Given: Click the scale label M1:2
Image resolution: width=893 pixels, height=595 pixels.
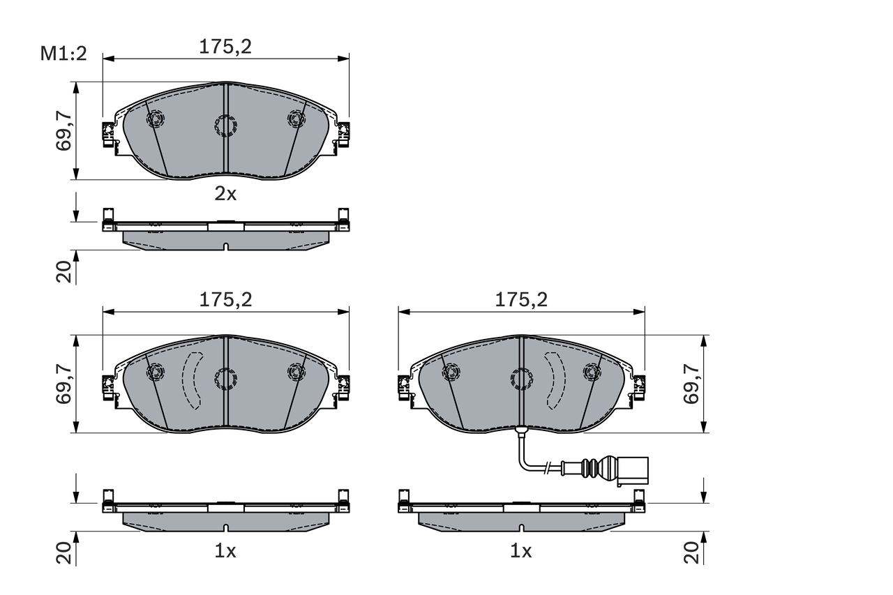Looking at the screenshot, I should point(63,53).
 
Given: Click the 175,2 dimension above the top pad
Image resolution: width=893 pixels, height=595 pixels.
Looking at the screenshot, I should point(225,47).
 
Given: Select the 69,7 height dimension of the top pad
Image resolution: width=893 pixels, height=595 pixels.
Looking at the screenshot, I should point(64,130).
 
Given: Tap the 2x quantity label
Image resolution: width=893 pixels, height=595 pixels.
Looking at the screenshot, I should point(225,194).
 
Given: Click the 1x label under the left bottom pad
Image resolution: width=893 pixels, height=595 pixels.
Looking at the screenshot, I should point(225,551).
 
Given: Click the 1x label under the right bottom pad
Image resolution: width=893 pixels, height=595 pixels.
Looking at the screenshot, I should point(520,551).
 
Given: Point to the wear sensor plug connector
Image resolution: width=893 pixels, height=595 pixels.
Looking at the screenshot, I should point(633,469).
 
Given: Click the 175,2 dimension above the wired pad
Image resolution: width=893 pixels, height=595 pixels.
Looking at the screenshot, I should point(521,300).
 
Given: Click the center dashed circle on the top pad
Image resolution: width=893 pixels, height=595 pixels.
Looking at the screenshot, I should point(225,126).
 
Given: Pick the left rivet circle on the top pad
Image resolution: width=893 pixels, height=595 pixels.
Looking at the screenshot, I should point(154,119).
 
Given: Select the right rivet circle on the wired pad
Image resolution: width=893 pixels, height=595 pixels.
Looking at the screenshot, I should point(592,372).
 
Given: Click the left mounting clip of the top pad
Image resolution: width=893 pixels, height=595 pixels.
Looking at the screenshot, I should point(108,134).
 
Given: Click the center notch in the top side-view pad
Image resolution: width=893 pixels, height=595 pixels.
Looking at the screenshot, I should point(225,246).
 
